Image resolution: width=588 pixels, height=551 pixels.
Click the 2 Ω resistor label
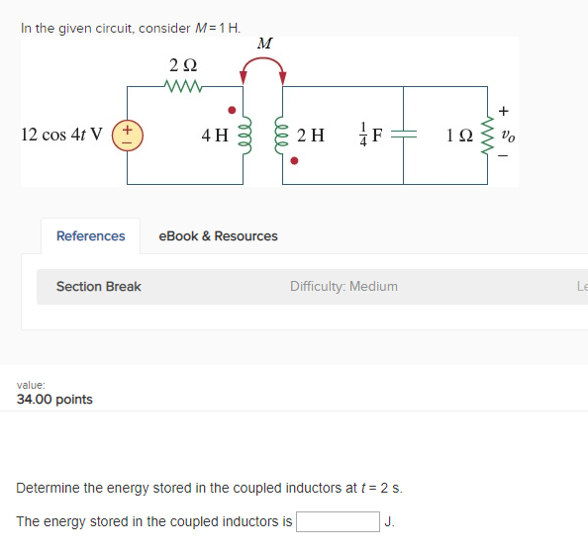click(x=183, y=66)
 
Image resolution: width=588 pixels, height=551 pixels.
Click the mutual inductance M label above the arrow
click(x=264, y=45)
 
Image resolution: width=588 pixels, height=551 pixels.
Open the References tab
click(x=91, y=235)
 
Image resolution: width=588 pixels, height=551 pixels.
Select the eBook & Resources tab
click(x=219, y=235)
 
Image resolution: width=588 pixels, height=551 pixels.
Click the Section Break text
click(x=99, y=287)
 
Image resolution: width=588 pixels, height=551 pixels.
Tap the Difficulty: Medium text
click(x=343, y=287)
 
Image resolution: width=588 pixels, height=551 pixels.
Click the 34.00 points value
click(x=55, y=400)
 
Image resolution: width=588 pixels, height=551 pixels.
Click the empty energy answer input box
click(x=337, y=521)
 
